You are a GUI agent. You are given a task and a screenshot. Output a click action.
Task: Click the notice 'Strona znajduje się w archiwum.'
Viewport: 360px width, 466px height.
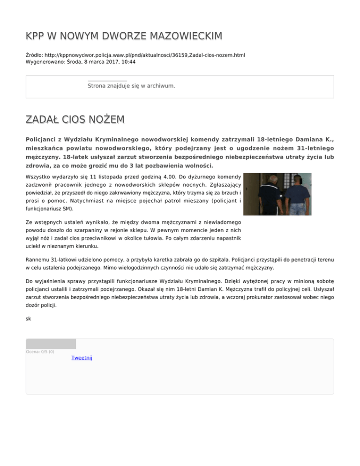click(x=131, y=86)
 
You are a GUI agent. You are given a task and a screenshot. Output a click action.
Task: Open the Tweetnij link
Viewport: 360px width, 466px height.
click(x=82, y=358)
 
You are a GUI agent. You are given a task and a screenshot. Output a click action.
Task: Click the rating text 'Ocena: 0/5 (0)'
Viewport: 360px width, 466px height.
click(x=40, y=352)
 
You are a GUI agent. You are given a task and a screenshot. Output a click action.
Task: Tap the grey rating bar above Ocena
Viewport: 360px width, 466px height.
click(x=51, y=344)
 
